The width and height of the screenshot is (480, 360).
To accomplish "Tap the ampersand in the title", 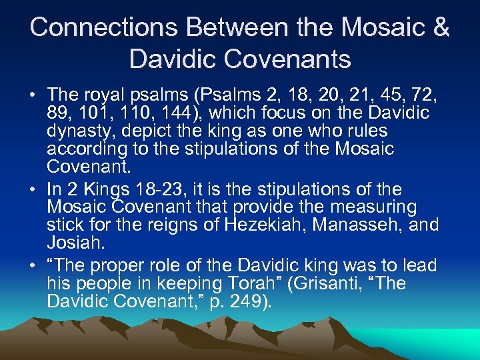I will pos(440,27).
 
